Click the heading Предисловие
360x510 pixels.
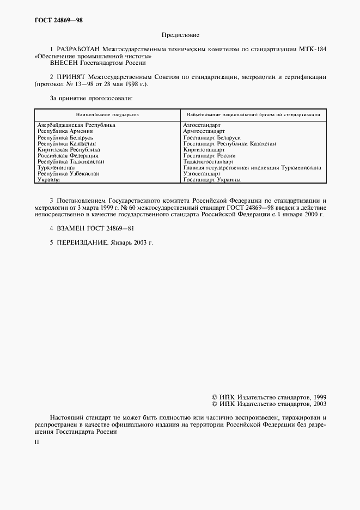click(180, 35)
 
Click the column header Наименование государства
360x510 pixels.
click(107, 115)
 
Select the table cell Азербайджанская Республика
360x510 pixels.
click(76, 125)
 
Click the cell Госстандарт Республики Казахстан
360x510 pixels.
click(229, 143)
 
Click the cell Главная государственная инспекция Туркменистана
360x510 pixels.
click(252, 168)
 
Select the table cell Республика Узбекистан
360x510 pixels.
click(68, 173)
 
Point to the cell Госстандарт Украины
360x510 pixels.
click(211, 179)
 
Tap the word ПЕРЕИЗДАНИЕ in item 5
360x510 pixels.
click(80, 242)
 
